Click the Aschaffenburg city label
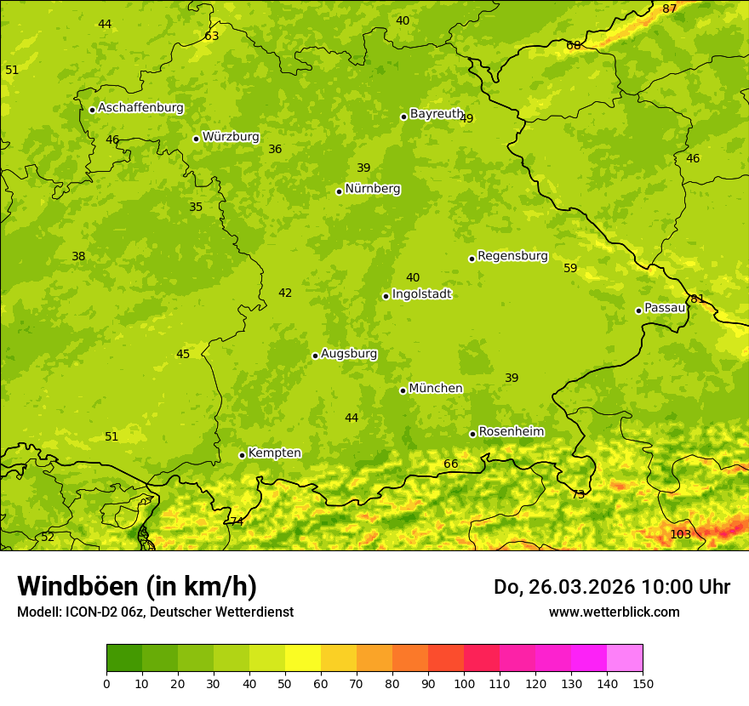pos(140,108)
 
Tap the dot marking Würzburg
pos(196,139)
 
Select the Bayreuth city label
pos(436,114)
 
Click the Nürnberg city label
pos(372,189)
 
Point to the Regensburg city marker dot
pos(472,259)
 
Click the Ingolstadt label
pos(421,294)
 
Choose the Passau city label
pos(665,308)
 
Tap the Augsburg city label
pos(348,354)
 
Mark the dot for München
pos(403,390)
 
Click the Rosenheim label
pos(511,432)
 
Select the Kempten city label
pos(274,453)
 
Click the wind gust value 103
pos(680,534)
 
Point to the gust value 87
pos(670,9)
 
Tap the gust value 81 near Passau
pos(697,299)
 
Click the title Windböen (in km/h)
pos(136,586)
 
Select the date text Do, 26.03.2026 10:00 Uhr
pos(611,587)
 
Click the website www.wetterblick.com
pos(614,612)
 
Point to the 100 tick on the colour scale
pos(464,683)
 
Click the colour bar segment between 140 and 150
pos(625,658)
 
